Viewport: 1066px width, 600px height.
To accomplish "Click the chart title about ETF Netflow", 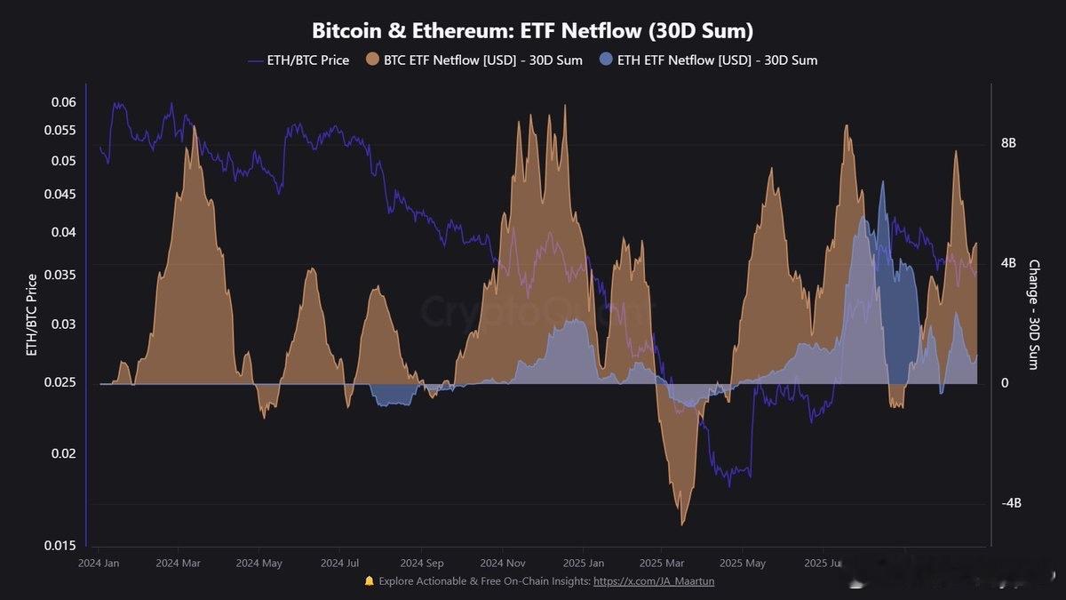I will [532, 30].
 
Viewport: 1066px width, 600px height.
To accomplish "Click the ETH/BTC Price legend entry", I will [298, 60].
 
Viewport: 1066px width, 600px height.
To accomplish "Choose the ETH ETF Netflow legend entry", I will [708, 60].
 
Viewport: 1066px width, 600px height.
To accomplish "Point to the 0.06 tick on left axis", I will [64, 102].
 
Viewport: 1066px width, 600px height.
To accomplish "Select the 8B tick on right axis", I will [1009, 143].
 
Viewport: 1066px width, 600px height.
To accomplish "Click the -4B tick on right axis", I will [1012, 503].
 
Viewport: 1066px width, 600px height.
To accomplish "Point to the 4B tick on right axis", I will [1009, 263].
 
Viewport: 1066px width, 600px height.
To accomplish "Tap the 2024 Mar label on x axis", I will [179, 564].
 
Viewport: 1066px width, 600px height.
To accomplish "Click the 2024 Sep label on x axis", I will [422, 564].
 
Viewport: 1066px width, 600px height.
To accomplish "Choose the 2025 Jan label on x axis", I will [584, 564].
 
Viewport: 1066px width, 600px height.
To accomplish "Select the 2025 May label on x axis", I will [742, 564].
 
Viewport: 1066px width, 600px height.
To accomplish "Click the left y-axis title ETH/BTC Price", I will [32, 315].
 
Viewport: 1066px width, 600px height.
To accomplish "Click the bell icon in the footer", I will [369, 581].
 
